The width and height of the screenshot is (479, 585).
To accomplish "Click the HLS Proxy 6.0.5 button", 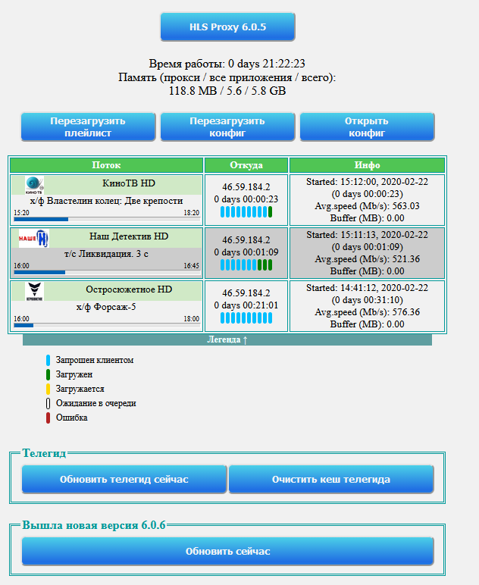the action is click(227, 27).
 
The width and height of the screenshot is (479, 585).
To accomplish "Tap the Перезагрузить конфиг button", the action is click(227, 127).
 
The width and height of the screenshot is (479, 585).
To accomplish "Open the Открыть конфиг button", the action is click(367, 127).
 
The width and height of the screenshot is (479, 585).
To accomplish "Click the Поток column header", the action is click(106, 165).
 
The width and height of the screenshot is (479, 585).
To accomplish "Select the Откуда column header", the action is click(246, 165).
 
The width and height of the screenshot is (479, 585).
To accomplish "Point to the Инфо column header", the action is click(367, 165).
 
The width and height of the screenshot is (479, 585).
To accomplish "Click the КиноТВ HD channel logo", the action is click(34, 185).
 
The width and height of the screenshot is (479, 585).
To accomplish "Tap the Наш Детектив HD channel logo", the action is click(34, 239).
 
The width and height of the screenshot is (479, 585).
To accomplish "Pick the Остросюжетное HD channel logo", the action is click(34, 292).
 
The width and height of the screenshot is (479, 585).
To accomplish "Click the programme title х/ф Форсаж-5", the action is click(106, 307).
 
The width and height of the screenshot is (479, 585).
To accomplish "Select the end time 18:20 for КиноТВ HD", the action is click(192, 213).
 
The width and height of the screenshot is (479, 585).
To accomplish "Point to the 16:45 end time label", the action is click(192, 266).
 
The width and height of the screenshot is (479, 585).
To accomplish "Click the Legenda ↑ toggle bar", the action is click(227, 340).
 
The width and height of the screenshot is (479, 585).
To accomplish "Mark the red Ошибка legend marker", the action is click(48, 418).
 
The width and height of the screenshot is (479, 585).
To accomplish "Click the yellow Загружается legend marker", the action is click(48, 389).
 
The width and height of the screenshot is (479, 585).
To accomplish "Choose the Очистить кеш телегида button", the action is click(331, 480).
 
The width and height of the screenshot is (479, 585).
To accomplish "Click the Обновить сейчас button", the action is click(227, 552).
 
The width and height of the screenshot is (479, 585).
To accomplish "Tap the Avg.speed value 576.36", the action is click(406, 312).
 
